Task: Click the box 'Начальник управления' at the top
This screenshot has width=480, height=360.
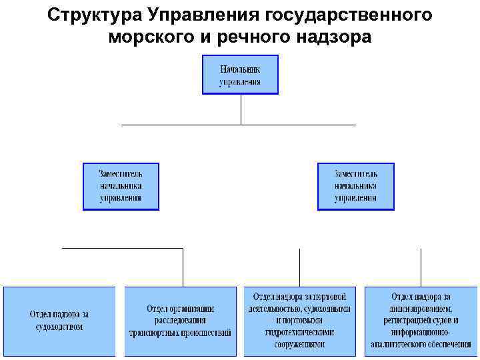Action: (240, 74)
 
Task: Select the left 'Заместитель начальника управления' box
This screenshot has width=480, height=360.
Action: (121, 186)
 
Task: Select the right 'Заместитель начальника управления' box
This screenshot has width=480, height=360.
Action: (355, 186)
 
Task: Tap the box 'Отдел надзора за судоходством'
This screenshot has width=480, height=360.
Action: (59, 320)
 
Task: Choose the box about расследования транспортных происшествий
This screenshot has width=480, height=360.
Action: (180, 320)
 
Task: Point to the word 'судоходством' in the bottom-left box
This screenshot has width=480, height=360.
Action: (59, 327)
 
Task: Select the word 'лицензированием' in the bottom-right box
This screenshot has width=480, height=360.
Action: (421, 309)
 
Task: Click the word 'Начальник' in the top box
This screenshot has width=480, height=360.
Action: (240, 68)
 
